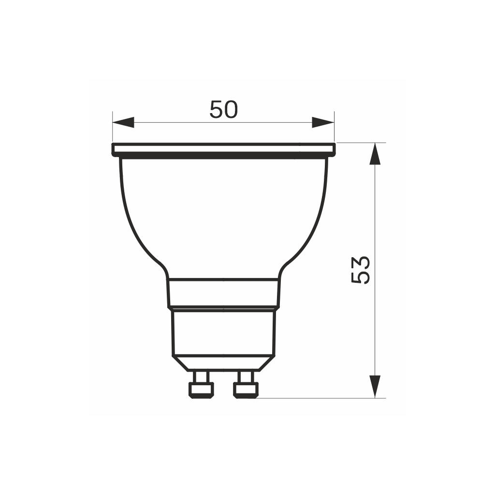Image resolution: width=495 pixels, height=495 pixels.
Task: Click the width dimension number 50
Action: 223,110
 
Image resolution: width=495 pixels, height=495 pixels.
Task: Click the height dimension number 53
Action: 361,270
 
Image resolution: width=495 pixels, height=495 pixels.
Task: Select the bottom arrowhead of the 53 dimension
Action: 375,386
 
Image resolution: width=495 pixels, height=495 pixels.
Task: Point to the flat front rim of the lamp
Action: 223,149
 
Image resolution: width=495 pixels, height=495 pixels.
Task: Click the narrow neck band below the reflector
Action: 223,292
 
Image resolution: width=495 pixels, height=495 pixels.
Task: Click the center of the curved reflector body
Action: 223,218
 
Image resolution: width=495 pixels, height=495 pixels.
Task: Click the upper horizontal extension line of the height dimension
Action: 361,143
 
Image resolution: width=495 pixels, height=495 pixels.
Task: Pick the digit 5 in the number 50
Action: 216,110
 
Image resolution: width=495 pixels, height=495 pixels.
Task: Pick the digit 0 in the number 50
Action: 231,110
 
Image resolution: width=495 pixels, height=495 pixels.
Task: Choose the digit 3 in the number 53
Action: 361,262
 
